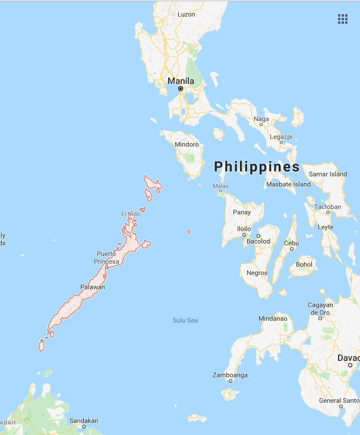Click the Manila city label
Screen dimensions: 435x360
point(181,81)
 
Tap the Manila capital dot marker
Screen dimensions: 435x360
point(181,89)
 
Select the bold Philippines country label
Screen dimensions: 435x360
point(257,166)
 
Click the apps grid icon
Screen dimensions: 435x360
point(343,19)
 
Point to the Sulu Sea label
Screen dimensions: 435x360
point(185,320)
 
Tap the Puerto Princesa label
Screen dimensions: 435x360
point(107,258)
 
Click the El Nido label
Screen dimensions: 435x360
point(131,214)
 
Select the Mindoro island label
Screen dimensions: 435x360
point(187,144)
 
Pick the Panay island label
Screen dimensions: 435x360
point(242,212)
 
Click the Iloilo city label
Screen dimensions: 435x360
point(244,229)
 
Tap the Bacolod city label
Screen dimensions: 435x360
point(258,241)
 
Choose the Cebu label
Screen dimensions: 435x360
point(291,243)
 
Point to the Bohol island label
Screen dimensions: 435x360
point(304,264)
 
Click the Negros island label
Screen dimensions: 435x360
point(257,273)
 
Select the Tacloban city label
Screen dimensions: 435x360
point(328,207)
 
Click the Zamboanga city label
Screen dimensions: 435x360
point(230,375)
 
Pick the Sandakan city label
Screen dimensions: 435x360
point(84,421)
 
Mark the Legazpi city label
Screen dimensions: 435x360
point(281,137)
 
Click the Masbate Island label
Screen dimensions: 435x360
point(289,184)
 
